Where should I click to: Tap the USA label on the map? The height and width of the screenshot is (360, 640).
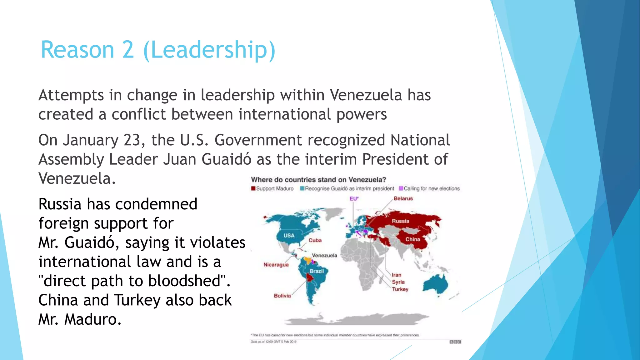289,235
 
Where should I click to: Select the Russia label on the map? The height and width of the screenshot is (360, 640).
400,221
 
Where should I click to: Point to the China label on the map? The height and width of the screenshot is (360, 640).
412,239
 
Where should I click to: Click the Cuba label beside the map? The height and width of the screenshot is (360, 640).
315,240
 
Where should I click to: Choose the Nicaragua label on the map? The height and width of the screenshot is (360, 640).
276,265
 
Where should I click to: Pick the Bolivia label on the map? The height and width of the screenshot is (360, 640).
282,296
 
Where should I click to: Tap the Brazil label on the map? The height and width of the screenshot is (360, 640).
317,271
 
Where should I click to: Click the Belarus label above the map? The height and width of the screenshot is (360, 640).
403,198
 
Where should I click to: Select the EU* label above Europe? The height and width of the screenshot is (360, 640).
354,198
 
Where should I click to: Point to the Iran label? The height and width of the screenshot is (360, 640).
397,275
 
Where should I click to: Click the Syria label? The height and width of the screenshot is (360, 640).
398,282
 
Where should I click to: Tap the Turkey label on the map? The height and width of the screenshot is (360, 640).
400,289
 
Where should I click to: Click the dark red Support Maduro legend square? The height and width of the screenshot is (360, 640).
253,188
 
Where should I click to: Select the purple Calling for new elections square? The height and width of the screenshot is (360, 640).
401,188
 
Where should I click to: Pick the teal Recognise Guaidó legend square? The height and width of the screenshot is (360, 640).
302,188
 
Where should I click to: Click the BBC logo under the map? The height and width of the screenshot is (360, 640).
455,342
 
